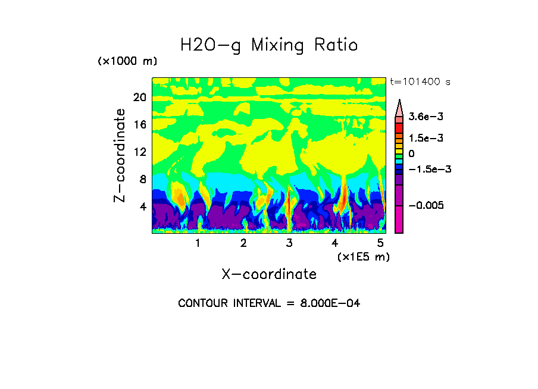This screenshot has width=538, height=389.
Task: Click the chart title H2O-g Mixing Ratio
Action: point(269,45)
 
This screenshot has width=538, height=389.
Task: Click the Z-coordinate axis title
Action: point(120,155)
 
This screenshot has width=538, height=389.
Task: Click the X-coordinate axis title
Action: point(269,274)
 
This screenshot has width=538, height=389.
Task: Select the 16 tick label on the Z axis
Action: point(139,124)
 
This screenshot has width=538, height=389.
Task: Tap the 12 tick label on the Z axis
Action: point(139,152)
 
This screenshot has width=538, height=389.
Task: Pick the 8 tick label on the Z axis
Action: point(142,179)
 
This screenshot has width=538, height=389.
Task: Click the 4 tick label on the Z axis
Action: point(142,206)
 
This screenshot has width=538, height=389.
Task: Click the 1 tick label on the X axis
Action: point(198,243)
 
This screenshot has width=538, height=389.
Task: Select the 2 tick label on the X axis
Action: point(243,243)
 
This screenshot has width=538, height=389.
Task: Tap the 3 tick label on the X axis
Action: point(289,243)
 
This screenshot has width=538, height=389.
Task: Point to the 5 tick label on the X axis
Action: point(380,243)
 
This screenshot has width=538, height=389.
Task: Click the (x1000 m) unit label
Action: point(127,62)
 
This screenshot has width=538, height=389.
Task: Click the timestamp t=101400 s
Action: point(420,81)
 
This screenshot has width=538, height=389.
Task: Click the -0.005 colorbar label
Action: point(426,205)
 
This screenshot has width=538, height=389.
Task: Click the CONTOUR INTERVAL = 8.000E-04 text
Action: point(269,303)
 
